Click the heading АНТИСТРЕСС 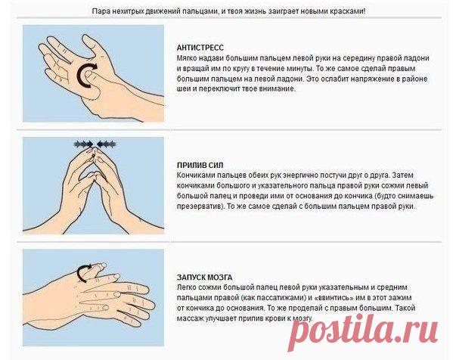pyautogui.click(x=200, y=48)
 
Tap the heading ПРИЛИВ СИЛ pyautogui.click(x=200, y=166)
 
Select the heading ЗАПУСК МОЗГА pyautogui.click(x=204, y=278)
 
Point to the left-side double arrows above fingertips pyautogui.click(x=83, y=144)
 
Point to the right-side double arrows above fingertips pyautogui.click(x=107, y=144)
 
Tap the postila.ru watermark pyautogui.click(x=363, y=332)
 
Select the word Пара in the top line pyautogui.click(x=99, y=11)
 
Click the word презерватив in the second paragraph pyautogui.click(x=200, y=207)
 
